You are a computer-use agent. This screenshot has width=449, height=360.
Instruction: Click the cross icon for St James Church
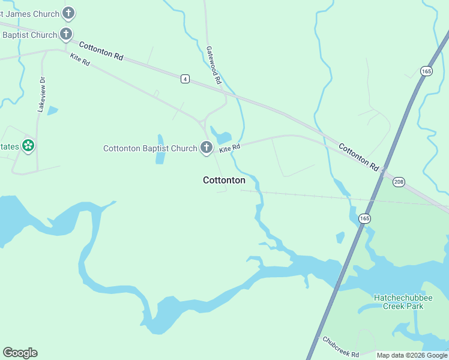coord(69,13)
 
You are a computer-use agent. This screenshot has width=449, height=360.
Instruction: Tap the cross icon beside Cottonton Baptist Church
coord(206,148)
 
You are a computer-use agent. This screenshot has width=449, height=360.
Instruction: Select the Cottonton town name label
coord(224,180)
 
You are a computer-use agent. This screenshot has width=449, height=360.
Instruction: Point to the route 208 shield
coord(400,181)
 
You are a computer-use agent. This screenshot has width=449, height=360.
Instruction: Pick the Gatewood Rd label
coord(214,65)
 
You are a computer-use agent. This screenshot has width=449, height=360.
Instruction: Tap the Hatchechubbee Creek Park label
coord(399,302)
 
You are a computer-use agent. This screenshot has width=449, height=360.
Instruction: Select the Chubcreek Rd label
coord(340,347)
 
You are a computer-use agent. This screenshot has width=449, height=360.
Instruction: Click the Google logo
coord(20,353)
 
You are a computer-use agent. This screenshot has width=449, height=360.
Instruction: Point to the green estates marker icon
coord(28,146)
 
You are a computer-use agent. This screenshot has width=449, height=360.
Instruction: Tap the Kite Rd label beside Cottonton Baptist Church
coord(229,148)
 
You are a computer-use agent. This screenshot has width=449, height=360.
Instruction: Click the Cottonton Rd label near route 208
coord(358,157)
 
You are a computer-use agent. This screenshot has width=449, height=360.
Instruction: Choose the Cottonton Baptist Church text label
coord(150,148)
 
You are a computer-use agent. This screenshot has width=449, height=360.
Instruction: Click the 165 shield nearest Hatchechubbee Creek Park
coord(364,218)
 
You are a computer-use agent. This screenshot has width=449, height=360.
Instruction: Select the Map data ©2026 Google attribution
coord(412,355)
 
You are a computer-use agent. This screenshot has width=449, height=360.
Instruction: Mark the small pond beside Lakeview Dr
coord(52,110)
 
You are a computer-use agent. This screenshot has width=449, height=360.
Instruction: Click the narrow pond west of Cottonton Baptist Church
coord(160,149)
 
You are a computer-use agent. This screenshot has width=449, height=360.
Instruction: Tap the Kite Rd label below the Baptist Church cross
coord(80,60)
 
